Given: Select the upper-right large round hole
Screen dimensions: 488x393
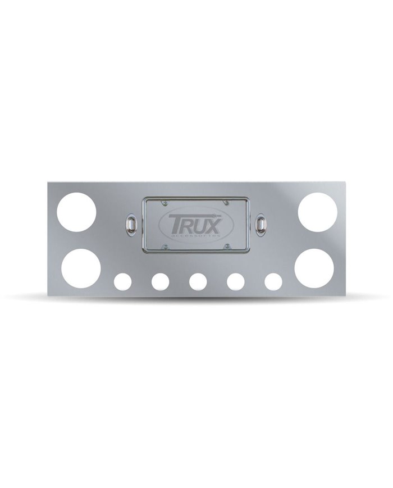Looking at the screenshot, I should tap(318, 212).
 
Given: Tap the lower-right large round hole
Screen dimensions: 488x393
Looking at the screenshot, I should tap(314, 268).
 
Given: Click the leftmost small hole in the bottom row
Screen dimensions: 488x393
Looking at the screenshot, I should tap(121, 282).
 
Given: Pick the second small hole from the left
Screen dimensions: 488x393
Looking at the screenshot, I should tap(159, 282).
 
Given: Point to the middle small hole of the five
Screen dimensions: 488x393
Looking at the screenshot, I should tap(197, 282).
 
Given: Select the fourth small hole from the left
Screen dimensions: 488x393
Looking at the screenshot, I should tap(235, 282).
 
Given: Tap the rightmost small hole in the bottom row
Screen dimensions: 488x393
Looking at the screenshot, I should tap(273, 282).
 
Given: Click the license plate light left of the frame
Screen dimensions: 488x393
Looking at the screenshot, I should tap(131, 224).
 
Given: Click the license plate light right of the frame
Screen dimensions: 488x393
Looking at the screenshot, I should tap(261, 224).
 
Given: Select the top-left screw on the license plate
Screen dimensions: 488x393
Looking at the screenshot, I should tap(165, 203).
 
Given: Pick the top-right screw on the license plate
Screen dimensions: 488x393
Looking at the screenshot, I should tap(227, 203).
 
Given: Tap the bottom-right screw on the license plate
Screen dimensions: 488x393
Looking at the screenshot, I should tap(227, 245).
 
